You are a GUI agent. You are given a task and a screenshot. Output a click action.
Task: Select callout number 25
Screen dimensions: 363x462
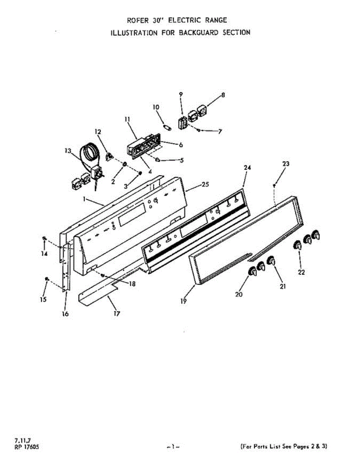coord(205,185)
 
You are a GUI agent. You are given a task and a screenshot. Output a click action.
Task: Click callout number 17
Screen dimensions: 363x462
coord(116,313)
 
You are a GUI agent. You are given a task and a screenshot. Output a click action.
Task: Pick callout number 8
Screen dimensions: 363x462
coord(223,95)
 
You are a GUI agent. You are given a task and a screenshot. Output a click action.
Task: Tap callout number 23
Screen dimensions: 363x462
coord(285,164)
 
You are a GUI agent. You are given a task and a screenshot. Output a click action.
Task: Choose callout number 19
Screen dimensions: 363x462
coord(184,301)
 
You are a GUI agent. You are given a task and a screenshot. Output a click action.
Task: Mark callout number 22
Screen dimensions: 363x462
coord(301,272)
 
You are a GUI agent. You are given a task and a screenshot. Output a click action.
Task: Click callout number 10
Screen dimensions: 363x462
coord(156,107)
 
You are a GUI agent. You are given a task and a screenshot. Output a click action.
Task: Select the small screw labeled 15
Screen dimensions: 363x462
coord(47,279)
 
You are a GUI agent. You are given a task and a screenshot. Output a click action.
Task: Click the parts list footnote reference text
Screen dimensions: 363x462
coord(284,447)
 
